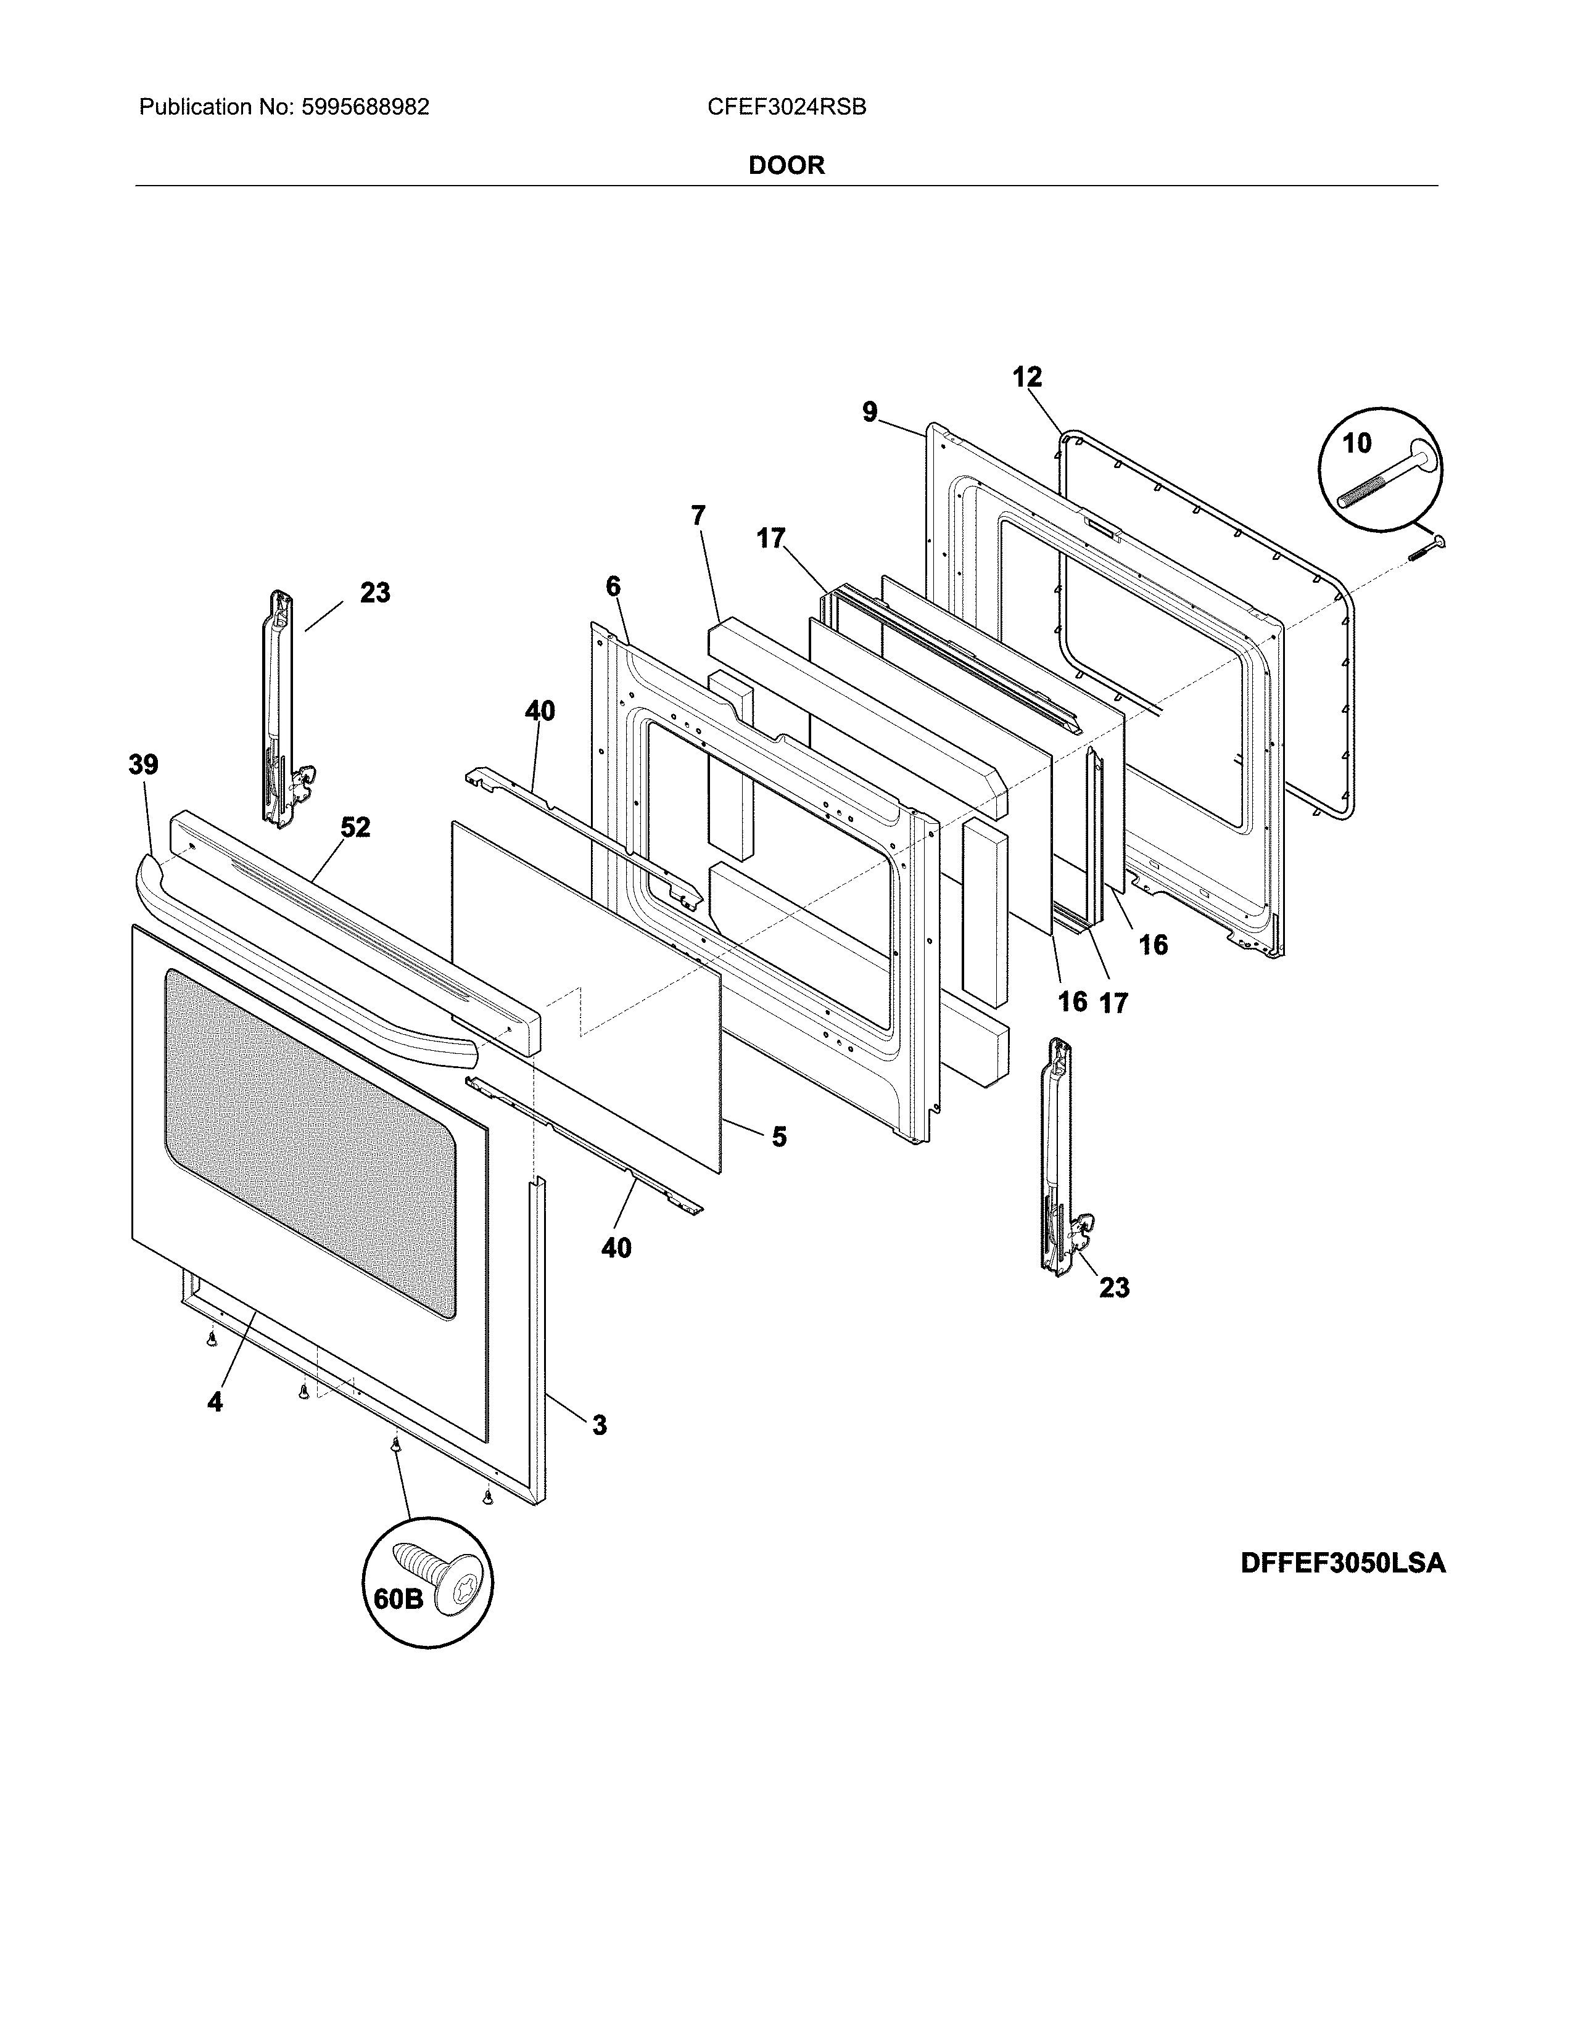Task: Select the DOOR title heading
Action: pyautogui.click(x=786, y=166)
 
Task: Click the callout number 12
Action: pyautogui.click(x=1027, y=377)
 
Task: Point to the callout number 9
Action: pyautogui.click(x=869, y=412)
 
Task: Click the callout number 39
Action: pyautogui.click(x=144, y=765)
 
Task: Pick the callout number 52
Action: pyautogui.click(x=355, y=828)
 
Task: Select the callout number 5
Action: pyautogui.click(x=779, y=1137)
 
